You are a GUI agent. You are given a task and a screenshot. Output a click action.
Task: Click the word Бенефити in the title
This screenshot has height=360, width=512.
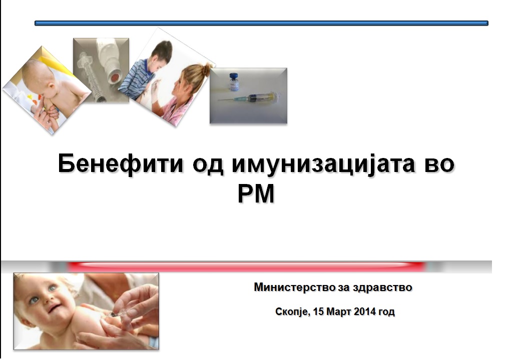120,164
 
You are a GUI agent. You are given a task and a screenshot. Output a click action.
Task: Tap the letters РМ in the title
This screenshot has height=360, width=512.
256,194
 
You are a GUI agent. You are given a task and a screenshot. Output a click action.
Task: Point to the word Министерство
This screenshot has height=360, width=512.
294,287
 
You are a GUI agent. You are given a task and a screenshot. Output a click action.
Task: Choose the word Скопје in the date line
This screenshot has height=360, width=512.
293,312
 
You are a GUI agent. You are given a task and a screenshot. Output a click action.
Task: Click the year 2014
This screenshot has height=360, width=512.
365,311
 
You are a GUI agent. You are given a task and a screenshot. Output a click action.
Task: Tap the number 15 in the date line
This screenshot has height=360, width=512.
318,311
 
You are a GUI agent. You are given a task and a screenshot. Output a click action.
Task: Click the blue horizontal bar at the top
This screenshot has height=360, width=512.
261,23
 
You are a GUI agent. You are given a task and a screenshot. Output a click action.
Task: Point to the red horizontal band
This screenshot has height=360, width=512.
247,266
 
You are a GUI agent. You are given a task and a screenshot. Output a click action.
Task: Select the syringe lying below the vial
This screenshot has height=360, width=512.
250,97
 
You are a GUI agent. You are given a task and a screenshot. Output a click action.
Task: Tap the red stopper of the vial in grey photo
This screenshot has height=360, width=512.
115,78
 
